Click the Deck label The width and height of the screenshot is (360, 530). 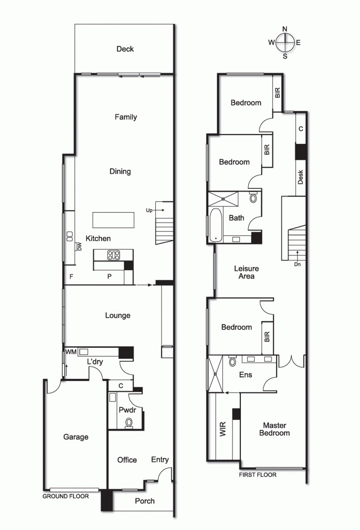[x=125, y=49]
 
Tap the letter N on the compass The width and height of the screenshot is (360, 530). [x=284, y=29]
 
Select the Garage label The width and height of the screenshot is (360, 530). [x=76, y=437]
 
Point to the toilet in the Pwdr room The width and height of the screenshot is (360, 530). [x=129, y=423]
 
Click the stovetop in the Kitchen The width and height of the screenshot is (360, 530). [x=113, y=255]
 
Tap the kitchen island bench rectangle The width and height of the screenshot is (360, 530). [x=113, y=220]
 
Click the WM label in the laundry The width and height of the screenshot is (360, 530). [x=70, y=352]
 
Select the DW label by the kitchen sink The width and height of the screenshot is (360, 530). [x=80, y=247]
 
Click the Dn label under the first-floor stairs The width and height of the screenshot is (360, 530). [x=297, y=264]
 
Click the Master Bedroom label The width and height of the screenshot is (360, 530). [x=275, y=429]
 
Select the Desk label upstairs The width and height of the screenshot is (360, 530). [x=300, y=177]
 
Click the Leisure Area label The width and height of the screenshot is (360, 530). [x=246, y=272]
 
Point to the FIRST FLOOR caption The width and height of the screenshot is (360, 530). [x=257, y=475]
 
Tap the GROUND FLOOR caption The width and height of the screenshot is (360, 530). [x=65, y=496]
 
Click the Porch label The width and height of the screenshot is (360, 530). [x=145, y=501]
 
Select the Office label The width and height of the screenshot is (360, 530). [x=127, y=460]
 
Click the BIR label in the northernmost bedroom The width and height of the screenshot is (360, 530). [x=278, y=93]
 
